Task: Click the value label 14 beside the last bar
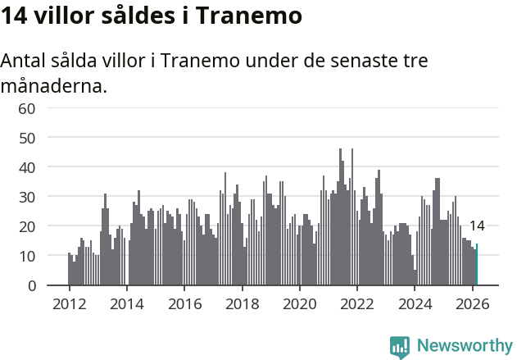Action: pos(477,226)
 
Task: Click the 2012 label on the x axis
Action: pos(69,303)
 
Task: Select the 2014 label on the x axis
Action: pos(126,303)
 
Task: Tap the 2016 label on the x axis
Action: pos(184,303)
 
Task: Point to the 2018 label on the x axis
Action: pos(242,303)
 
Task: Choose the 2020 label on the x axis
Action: pos(299,303)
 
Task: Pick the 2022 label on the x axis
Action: pos(357,303)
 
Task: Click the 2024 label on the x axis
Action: pos(415,303)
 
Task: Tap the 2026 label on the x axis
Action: pos(472,303)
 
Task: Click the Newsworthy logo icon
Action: pos(400,347)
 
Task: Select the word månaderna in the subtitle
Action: pos(53,85)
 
